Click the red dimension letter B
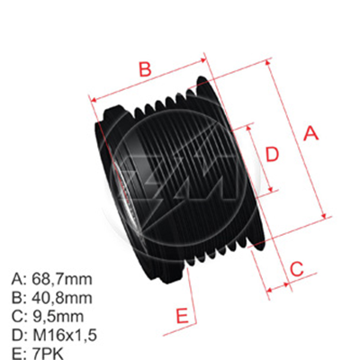[143, 68]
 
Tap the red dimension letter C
[294, 266]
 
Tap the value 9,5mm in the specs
[58, 315]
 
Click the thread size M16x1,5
[66, 335]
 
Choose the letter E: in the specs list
[18, 354]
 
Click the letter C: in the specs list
[18, 315]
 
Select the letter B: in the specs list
[18, 296]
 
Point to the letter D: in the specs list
[18, 335]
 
